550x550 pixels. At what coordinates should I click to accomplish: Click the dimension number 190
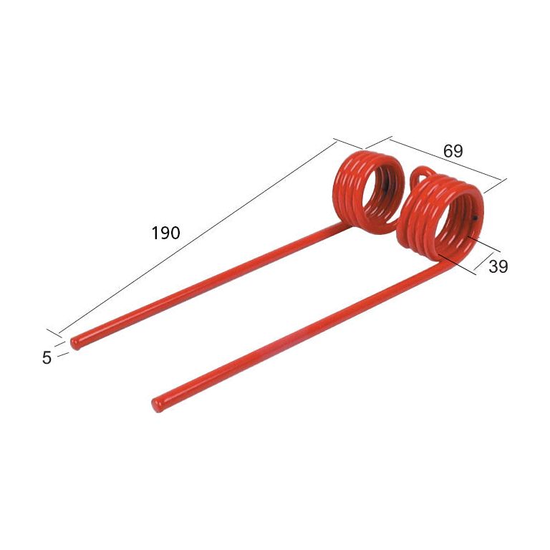(166, 233)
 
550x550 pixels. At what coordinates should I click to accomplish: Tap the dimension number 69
(453, 151)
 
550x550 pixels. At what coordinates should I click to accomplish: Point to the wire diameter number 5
(47, 357)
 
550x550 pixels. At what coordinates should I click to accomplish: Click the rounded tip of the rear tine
(76, 342)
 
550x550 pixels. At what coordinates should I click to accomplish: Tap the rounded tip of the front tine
(157, 405)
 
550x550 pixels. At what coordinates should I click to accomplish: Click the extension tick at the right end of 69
(495, 185)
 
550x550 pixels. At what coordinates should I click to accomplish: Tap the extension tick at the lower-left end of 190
(55, 334)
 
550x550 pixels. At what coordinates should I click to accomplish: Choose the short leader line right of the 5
(62, 354)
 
